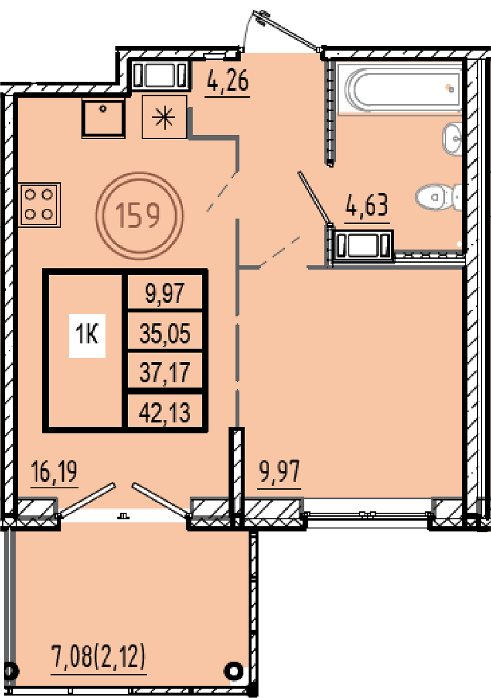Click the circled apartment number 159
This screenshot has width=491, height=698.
tap(139, 216)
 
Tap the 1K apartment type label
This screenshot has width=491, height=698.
tap(87, 336)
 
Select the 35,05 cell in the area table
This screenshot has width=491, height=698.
tap(164, 333)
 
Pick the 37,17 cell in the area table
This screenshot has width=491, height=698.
tap(164, 372)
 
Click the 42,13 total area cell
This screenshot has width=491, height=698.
tap(164, 412)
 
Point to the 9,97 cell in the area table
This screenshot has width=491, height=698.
tap(164, 293)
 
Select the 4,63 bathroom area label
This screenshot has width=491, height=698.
tap(367, 205)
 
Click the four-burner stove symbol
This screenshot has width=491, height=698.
tap(39, 204)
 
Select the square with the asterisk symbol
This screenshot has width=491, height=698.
tap(164, 117)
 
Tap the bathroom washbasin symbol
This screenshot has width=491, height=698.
tap(452, 139)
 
